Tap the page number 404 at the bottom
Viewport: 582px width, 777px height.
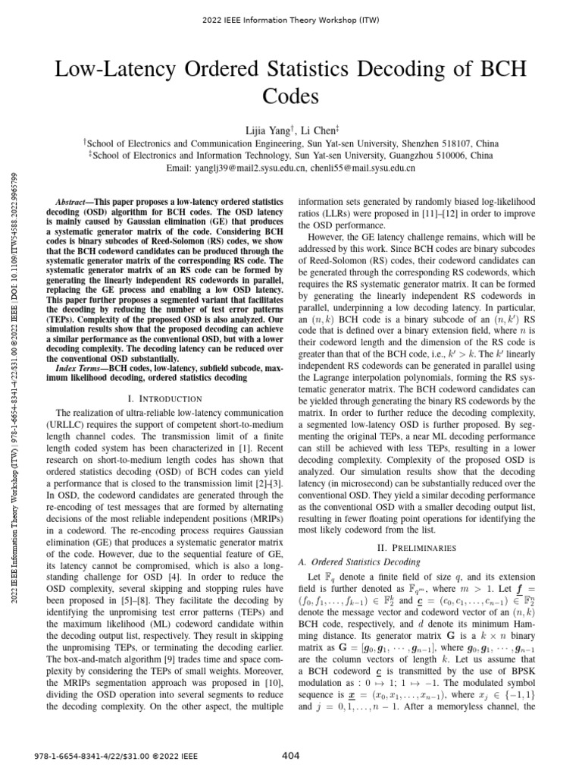[290, 756]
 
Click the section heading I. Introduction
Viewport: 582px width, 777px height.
[164, 398]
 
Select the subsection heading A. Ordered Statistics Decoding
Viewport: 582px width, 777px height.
[359, 562]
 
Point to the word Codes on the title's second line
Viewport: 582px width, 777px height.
[291, 97]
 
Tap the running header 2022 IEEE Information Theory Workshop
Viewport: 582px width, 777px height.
[291, 17]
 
